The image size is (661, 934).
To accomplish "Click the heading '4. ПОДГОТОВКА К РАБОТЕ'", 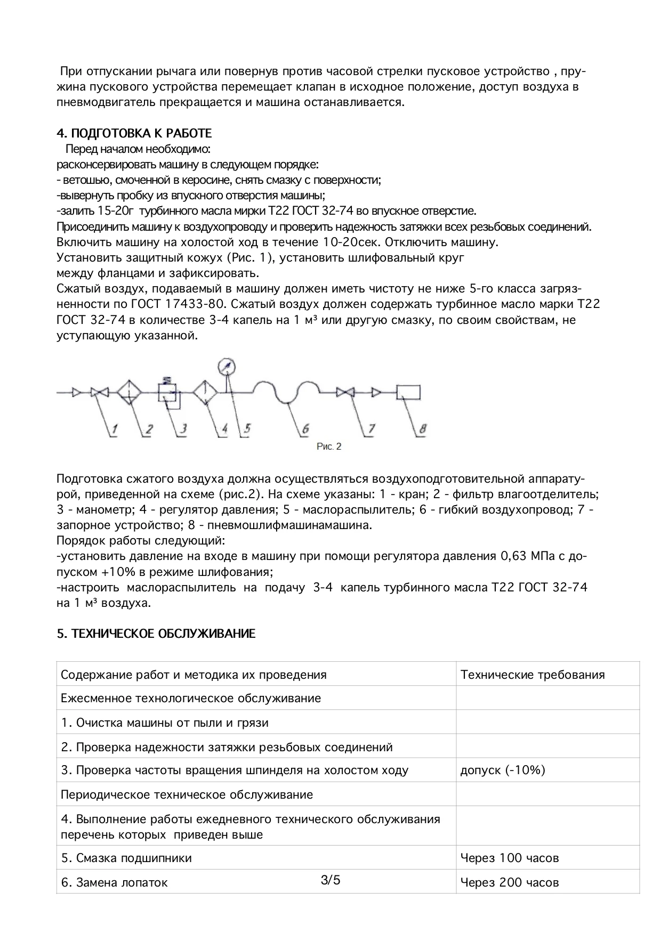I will [134, 133].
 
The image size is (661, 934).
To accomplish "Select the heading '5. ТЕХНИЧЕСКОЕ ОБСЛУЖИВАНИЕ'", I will [156, 634].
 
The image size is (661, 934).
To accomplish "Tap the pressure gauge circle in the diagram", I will [227, 367].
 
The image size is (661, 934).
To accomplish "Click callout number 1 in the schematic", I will [115, 429].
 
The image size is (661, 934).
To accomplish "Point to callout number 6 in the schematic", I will [305, 429].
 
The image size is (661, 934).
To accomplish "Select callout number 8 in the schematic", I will [422, 429].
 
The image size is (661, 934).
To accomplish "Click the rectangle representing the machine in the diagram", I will [408, 393].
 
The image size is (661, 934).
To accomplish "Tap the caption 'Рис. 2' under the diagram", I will [328, 446].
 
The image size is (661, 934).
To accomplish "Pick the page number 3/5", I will [330, 880].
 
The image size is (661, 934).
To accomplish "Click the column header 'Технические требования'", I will [532, 675].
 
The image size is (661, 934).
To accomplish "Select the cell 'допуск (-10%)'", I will [503, 770].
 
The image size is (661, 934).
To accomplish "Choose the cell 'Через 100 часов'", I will [509, 858].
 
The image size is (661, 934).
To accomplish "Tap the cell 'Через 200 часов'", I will [509, 882].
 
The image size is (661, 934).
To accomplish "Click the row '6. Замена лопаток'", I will [114, 882].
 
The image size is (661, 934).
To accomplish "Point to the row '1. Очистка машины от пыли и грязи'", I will [164, 722].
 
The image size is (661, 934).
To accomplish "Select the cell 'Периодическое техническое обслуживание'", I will [187, 794].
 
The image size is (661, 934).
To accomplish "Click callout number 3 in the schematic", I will [183, 429].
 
